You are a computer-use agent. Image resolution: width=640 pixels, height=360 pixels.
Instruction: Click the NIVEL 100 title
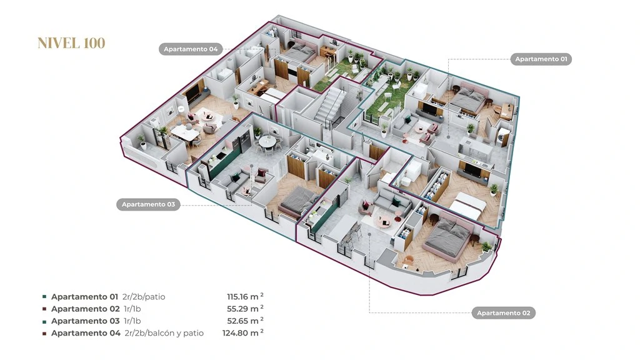[71, 43]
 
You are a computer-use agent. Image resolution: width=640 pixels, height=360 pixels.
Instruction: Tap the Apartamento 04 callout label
[191, 49]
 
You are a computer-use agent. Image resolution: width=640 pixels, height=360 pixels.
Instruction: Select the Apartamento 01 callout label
[541, 59]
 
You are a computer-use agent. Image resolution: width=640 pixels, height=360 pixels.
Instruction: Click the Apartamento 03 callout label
[148, 204]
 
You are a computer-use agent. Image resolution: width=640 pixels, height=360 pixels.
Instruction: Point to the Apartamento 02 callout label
[503, 313]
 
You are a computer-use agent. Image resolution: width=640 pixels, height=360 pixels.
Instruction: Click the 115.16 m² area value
[245, 297]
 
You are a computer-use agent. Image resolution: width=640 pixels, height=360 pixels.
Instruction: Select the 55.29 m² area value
[245, 309]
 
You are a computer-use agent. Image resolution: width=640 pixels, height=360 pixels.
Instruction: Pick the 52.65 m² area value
[245, 321]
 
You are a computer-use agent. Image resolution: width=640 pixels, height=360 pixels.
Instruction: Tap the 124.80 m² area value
[243, 333]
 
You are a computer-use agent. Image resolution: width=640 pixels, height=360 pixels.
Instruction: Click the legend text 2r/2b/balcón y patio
[164, 333]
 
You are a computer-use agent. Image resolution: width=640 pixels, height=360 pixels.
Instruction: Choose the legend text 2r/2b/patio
[144, 297]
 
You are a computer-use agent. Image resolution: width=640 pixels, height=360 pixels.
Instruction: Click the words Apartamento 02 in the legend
[85, 309]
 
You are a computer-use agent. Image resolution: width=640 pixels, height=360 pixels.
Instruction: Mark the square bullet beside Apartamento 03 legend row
[44, 321]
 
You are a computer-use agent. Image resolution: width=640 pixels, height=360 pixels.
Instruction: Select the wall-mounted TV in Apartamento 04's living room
[193, 90]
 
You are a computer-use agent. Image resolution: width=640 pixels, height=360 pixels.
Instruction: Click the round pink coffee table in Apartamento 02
[385, 221]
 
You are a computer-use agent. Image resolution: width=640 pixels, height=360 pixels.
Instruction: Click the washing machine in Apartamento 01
[502, 136]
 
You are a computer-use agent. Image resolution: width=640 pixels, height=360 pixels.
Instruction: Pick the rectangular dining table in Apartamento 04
[184, 133]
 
